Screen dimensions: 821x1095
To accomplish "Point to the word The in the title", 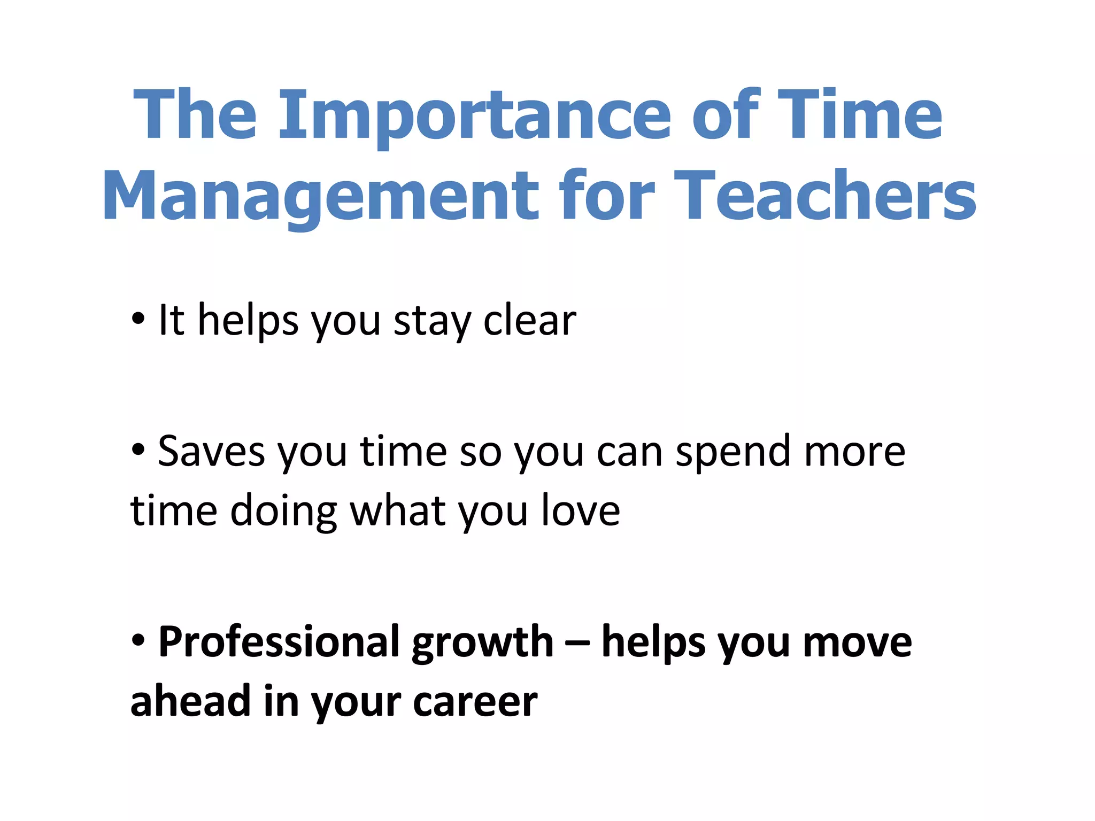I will tap(195, 115).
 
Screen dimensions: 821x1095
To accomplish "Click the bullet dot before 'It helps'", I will tap(138, 319).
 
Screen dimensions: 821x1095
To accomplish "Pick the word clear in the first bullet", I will tap(529, 321).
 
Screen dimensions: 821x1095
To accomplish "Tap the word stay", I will tap(432, 322).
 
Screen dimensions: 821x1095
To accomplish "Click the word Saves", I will tap(211, 452).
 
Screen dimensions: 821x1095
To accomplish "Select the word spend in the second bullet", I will tap(734, 453).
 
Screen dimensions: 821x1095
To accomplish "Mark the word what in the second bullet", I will tap(397, 510).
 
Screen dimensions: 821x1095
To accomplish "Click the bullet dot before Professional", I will tap(138, 640).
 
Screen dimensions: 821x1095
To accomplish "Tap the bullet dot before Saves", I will tap(138, 450).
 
